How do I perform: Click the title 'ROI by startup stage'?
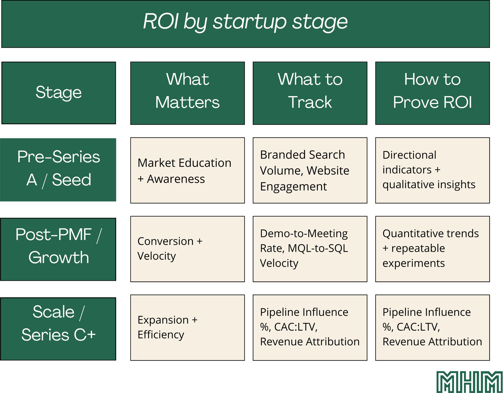click(x=245, y=21)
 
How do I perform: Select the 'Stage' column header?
click(x=59, y=92)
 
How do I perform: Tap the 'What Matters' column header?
click(x=187, y=91)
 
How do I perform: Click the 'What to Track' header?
click(x=310, y=91)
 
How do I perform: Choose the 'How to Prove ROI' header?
click(x=432, y=91)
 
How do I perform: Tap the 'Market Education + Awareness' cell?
click(x=187, y=171)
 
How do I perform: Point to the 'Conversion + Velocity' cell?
click(x=187, y=249)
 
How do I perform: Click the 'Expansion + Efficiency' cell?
click(x=187, y=327)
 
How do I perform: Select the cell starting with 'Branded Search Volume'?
click(x=310, y=171)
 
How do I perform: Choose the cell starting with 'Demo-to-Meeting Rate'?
click(x=310, y=249)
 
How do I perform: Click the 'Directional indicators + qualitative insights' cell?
click(x=432, y=171)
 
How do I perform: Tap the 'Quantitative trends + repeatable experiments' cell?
click(x=432, y=249)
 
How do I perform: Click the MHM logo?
click(x=469, y=382)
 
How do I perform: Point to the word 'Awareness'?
click(x=176, y=179)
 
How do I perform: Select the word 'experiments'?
click(x=414, y=263)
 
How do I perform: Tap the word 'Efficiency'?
click(x=161, y=335)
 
